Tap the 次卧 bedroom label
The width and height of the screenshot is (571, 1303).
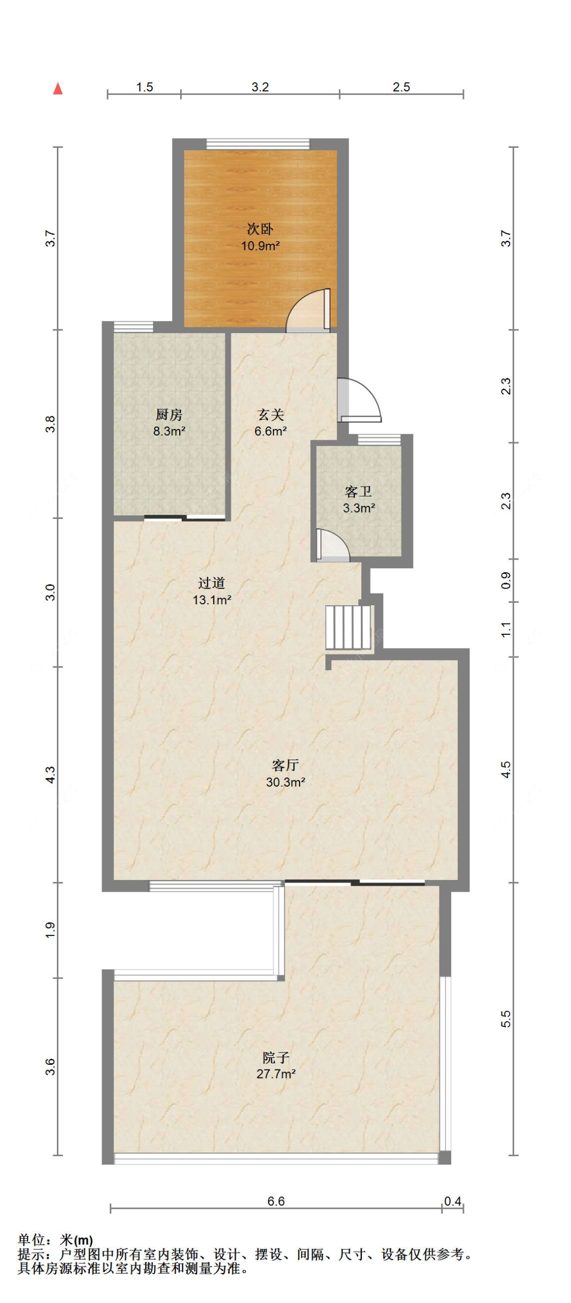260,229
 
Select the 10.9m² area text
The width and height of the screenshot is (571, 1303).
260,246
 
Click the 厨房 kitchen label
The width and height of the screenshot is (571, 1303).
169,414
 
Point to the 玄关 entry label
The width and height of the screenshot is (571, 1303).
271,414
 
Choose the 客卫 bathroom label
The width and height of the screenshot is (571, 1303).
358,491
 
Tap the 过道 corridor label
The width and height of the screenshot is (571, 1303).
212,582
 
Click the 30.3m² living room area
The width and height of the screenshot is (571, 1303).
285,782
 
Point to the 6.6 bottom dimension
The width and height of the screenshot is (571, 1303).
276,1200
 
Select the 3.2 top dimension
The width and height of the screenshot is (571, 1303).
260,87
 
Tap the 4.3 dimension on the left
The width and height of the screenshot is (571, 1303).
50,774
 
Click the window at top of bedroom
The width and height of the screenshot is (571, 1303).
258,144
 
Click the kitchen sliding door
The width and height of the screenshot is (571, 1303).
184,518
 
